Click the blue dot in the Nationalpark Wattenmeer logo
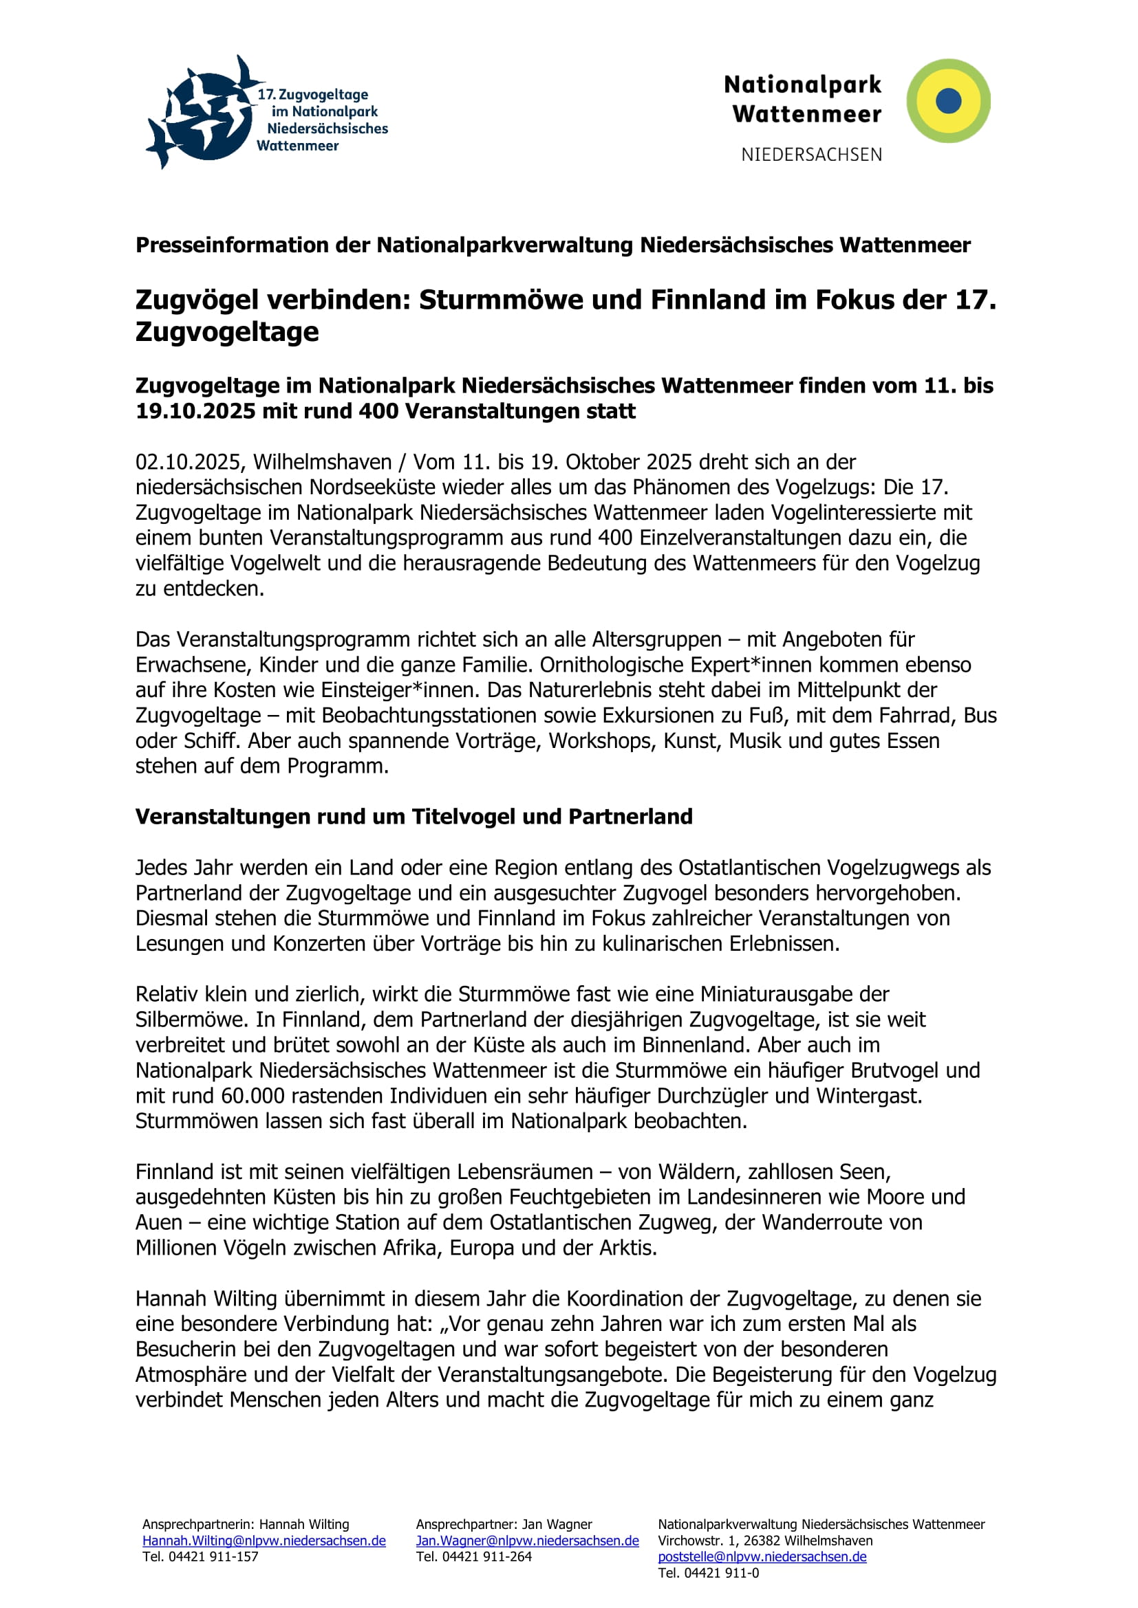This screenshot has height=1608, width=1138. [948, 101]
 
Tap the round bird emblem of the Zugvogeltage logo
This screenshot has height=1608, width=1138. [203, 114]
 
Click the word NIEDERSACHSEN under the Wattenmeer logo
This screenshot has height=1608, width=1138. [811, 155]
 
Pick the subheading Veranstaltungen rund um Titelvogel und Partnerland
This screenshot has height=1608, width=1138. [414, 817]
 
